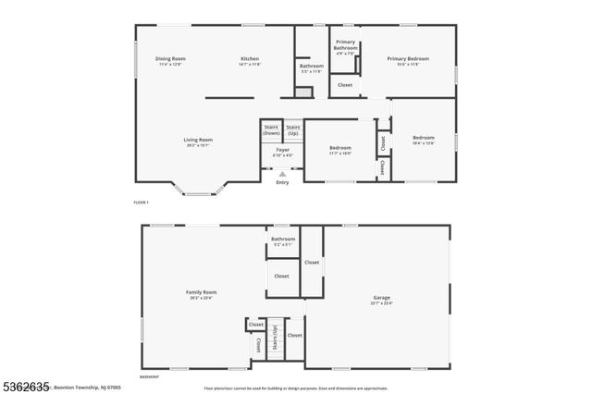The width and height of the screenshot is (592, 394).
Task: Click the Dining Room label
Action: click(170, 58)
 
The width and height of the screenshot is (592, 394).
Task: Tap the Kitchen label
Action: click(250, 58)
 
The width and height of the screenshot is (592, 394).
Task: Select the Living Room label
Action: click(199, 140)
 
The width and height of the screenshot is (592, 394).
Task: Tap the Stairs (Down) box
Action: click(271, 129)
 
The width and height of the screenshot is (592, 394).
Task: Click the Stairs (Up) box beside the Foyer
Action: click(293, 129)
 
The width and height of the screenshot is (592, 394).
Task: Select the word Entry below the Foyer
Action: click(282, 182)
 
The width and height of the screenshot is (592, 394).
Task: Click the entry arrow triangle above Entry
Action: click(282, 173)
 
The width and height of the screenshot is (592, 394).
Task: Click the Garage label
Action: click(382, 299)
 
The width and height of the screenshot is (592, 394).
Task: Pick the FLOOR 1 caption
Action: click(141, 202)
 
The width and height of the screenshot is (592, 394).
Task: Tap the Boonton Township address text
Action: click(89, 388)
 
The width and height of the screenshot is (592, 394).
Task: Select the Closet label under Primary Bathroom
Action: click(344, 85)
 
